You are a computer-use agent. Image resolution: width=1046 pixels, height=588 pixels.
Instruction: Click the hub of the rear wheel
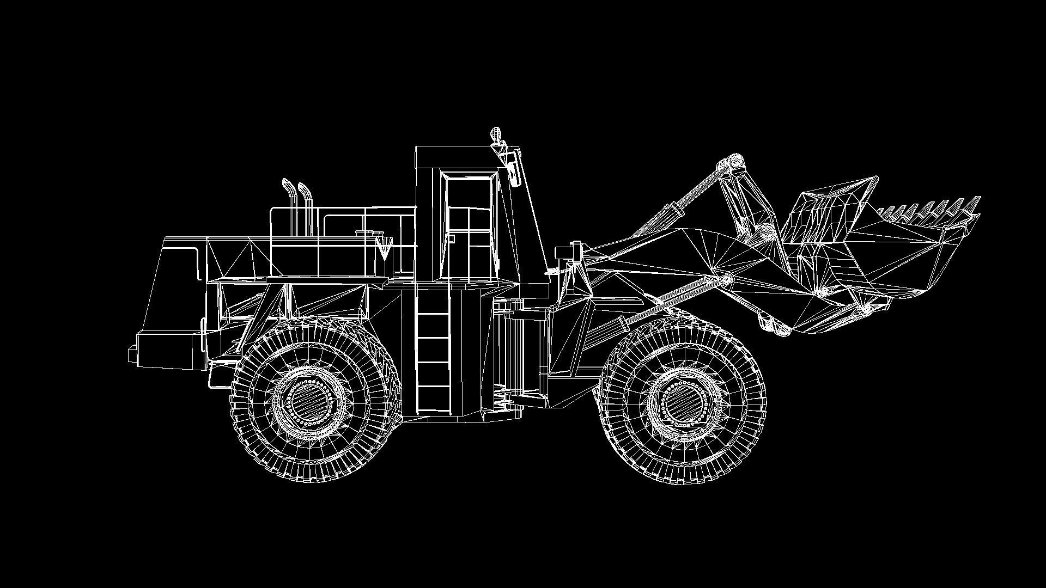coord(311,402)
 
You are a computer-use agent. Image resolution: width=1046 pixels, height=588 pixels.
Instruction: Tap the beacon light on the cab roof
coord(495,133)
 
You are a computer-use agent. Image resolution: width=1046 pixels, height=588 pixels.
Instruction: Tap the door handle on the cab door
coord(452,238)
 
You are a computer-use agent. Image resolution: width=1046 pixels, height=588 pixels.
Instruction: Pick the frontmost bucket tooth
coord(975,203)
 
